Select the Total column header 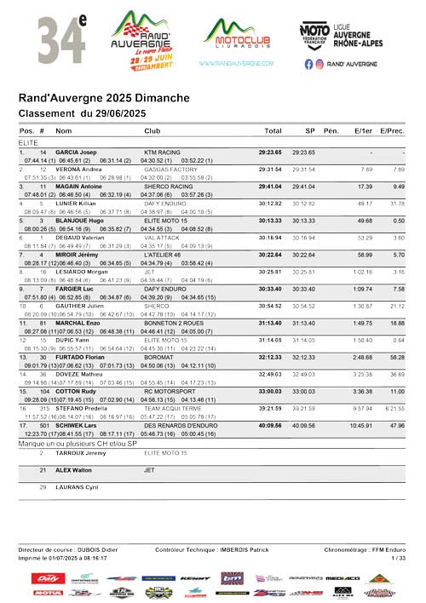273,131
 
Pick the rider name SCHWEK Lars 78,425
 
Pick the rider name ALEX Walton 74,469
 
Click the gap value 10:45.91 360,425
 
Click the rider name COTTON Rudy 77,391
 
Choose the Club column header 152,131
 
